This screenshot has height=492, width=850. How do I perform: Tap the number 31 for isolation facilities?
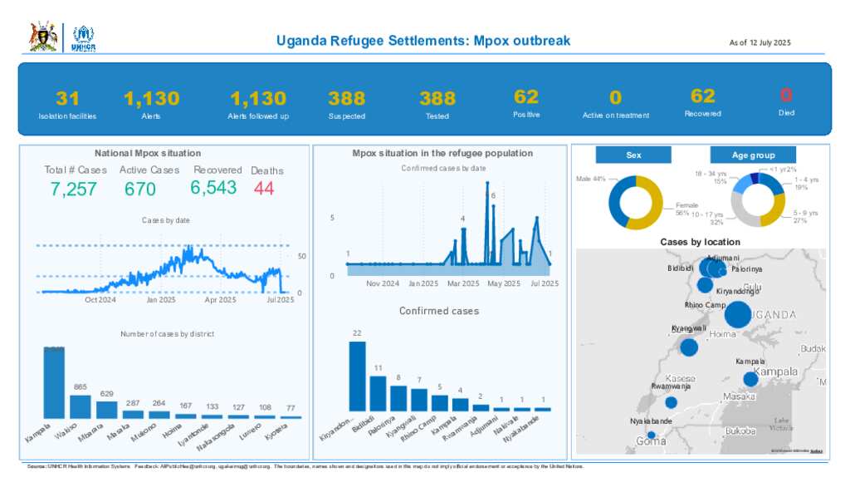pos(67,98)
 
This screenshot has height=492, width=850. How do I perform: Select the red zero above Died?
pos(786,95)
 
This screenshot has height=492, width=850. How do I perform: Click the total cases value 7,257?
pos(74,189)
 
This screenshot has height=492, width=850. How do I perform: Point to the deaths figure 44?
pos(264,189)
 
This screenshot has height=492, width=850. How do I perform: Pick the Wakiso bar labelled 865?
pos(81,406)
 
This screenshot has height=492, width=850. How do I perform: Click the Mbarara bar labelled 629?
pos(107,410)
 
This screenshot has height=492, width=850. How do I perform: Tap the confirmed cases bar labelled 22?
pos(357,376)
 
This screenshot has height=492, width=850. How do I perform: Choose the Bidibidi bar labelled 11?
pos(379,394)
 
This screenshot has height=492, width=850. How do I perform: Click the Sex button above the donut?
pos(633,155)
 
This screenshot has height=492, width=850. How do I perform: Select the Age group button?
pos(753,155)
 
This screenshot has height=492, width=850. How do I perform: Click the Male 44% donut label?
pos(590,180)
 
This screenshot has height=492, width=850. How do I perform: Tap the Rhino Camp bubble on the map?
pos(737,316)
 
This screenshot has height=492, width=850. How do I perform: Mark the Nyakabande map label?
pos(651,421)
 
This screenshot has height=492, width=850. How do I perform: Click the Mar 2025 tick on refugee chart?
pos(463,283)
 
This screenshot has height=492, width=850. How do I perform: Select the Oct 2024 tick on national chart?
pos(100,300)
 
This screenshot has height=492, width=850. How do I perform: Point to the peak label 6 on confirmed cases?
pos(493,196)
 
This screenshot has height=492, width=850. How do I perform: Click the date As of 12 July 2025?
pos(760,42)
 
